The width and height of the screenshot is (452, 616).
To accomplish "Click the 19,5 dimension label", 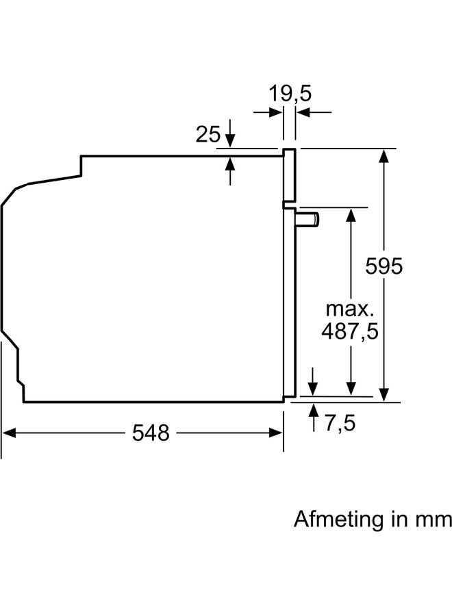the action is (290, 94).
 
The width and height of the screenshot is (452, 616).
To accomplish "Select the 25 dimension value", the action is (208, 134).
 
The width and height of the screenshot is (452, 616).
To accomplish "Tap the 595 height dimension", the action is (384, 266).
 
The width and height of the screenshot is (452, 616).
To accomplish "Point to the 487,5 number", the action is (350, 331).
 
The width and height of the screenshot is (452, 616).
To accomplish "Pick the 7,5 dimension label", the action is (340, 423).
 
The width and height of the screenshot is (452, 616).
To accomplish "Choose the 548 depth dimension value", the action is (151, 433).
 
